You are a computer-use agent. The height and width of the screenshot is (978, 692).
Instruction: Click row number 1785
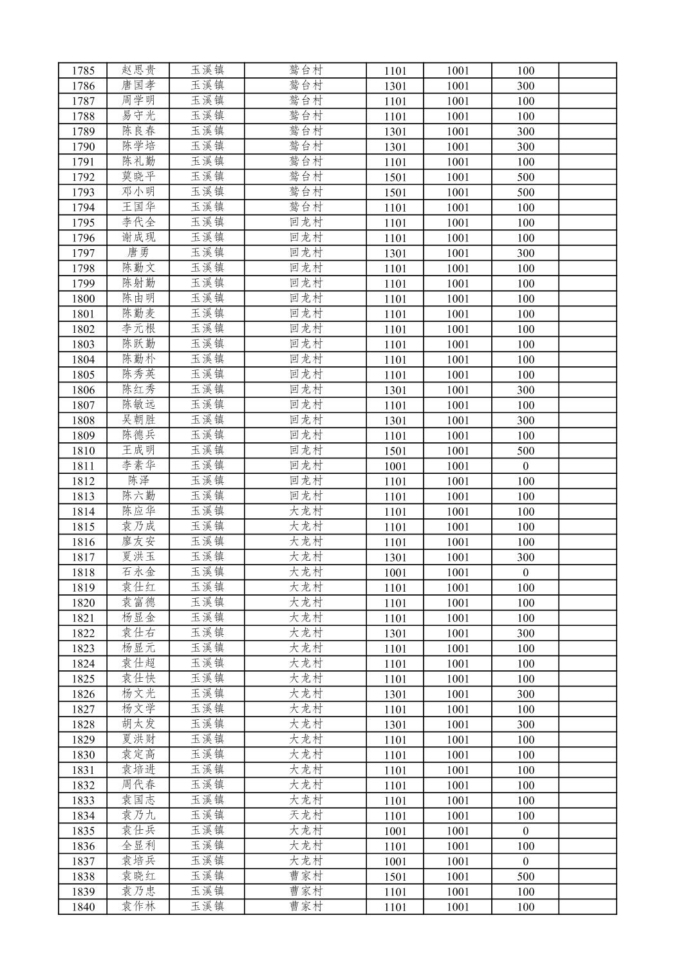coord(83,71)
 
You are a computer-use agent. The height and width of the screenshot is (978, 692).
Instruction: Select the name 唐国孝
coord(138,86)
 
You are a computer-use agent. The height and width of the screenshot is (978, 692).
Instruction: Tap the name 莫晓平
coord(138,177)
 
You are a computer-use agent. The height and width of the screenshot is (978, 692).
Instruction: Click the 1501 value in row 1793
coord(395,193)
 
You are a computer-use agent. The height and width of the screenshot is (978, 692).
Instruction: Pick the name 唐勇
coord(138,253)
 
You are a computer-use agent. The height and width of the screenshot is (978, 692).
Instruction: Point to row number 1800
coord(83,299)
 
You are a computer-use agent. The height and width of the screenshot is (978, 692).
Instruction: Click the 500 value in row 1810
coord(525,451)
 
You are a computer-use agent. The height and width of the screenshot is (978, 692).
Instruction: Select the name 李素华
coord(138,465)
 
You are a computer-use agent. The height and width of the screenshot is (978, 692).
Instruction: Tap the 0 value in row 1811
coord(525,466)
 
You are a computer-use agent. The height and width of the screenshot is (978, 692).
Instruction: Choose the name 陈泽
coord(138,481)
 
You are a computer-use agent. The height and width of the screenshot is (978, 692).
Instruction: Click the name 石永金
coord(138,572)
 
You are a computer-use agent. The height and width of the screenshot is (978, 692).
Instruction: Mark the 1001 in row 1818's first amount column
coord(395,572)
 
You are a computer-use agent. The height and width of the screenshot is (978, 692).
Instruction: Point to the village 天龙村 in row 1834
coord(305,816)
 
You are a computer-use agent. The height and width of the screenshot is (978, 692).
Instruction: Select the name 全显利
coord(138,846)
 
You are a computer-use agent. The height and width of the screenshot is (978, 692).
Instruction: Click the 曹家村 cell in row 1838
coord(305,876)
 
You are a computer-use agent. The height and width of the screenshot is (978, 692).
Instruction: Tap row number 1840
coord(83,907)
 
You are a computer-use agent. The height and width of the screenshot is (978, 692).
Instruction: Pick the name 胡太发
coord(138,724)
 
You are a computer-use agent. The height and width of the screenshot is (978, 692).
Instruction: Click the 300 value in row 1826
coord(525,694)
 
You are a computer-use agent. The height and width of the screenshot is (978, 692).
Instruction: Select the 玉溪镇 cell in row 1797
coord(207,253)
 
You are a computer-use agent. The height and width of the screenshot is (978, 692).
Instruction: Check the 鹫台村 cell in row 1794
coord(305,207)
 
